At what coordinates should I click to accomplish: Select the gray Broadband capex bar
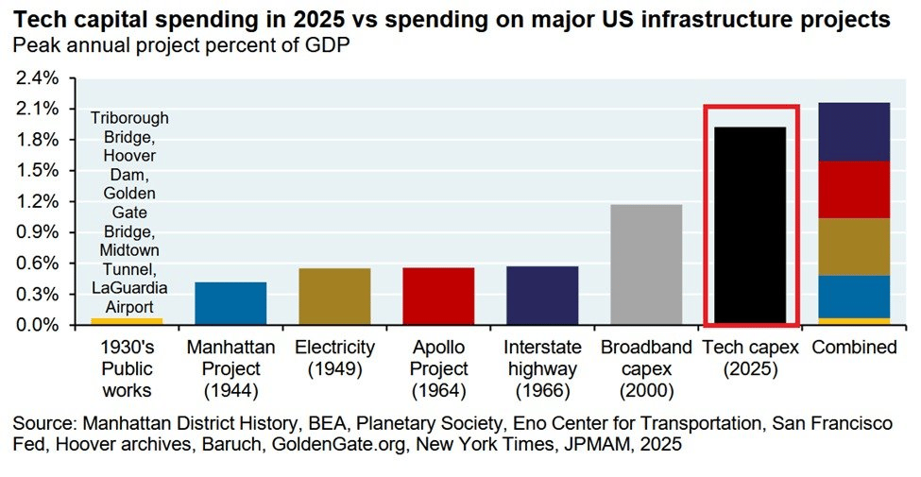[x=646, y=264]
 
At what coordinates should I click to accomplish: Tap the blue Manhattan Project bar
[x=231, y=302]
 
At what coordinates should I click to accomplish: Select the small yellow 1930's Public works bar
[x=128, y=321]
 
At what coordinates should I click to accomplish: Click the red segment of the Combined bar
[x=854, y=189]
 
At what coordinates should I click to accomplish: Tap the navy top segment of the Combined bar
[x=854, y=131]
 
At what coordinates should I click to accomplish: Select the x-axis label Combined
[x=854, y=348]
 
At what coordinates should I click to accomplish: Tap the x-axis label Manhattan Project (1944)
[x=231, y=368]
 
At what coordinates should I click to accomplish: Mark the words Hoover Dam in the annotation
[x=129, y=165]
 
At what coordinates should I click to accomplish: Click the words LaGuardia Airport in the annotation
[x=129, y=298]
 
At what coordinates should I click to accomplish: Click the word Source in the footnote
[x=44, y=422]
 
